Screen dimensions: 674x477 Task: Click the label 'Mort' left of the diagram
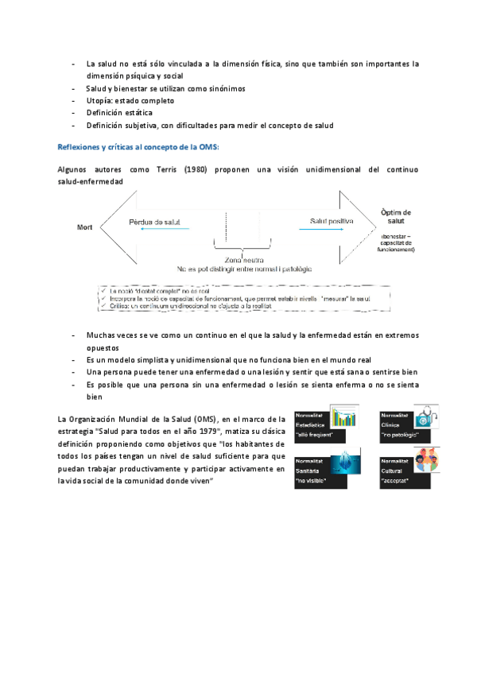point(85,227)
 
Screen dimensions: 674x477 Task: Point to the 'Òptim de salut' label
point(396,217)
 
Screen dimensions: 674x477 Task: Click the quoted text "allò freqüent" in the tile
point(312,436)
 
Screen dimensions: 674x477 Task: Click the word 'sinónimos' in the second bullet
point(225,88)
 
